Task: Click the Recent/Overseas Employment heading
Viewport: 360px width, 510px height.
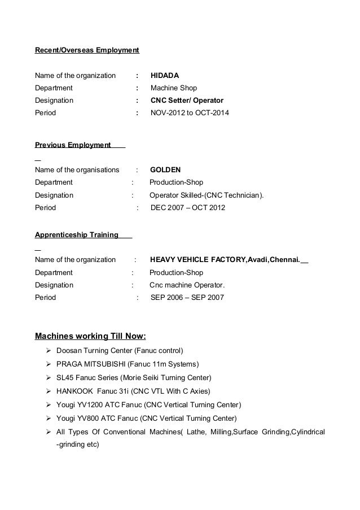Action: click(87, 51)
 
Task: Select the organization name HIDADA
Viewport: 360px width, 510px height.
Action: click(165, 75)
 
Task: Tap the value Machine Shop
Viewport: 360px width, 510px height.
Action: click(174, 88)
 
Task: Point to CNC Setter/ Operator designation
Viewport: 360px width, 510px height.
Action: click(187, 100)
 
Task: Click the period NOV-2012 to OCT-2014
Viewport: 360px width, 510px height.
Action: click(190, 113)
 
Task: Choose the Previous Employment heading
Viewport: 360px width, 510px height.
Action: click(73, 145)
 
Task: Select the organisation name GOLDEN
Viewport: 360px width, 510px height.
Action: click(166, 169)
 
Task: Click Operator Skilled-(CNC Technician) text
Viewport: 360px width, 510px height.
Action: click(206, 195)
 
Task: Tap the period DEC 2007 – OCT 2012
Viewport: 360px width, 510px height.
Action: click(188, 208)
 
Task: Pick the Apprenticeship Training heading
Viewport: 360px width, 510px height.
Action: click(77, 234)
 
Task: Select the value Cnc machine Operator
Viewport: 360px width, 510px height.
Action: click(187, 285)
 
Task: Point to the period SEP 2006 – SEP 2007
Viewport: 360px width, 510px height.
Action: click(187, 297)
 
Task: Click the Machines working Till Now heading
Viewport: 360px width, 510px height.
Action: click(90, 337)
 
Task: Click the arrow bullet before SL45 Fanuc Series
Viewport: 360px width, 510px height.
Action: click(49, 377)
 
